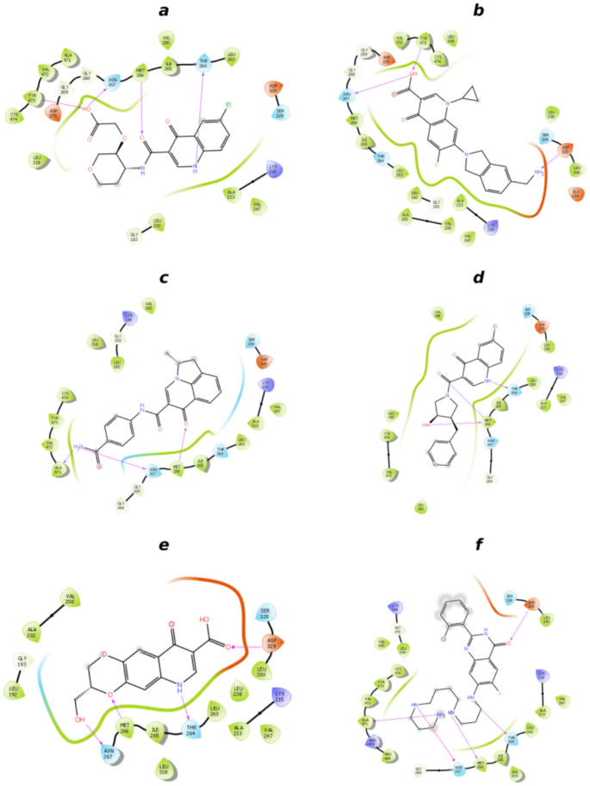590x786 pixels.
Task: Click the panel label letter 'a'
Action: [164, 11]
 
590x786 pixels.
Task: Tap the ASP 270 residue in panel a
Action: [53, 113]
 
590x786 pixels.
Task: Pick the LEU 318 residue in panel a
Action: [37, 158]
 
